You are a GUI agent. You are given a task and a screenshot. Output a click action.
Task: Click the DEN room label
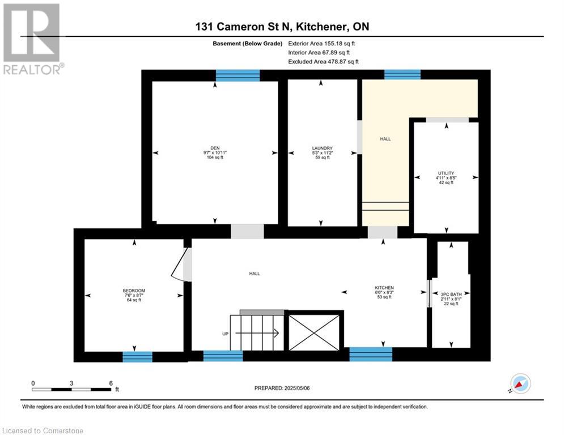tap(215, 148)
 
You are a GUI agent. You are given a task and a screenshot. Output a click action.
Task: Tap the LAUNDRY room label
tap(323, 148)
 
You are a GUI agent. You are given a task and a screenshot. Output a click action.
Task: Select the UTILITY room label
tap(446, 173)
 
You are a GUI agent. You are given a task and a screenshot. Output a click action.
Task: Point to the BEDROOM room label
tap(134, 291)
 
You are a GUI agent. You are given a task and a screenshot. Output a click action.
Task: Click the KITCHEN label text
tap(384, 288)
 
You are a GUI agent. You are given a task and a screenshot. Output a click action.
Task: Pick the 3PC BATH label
tap(451, 295)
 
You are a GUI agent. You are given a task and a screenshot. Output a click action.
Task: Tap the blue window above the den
tap(238, 75)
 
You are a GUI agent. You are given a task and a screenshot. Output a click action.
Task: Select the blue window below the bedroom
tap(137, 357)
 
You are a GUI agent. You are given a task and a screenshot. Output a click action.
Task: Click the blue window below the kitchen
tap(371, 354)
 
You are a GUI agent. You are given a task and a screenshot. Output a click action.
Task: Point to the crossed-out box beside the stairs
tap(314, 332)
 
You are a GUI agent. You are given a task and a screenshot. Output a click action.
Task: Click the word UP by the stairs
tap(225, 334)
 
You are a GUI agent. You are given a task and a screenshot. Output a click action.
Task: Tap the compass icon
tap(520, 383)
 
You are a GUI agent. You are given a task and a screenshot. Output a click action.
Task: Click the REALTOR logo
tap(32, 39)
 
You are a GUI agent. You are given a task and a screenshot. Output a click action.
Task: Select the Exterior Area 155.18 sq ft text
tap(321, 44)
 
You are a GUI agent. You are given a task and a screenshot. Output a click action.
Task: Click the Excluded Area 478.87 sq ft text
tap(323, 62)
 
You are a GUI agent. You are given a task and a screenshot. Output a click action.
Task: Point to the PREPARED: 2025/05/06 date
tap(282, 388)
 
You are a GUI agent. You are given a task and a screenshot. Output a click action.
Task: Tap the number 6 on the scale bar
tap(111, 383)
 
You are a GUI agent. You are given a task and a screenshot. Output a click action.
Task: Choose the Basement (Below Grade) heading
tap(248, 44)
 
